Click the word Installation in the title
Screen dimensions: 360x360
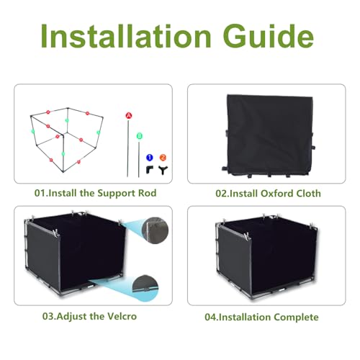coord(126,36)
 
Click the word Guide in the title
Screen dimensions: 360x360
coord(269,36)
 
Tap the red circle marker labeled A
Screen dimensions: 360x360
coord(129,116)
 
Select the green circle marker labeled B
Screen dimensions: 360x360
coord(140,136)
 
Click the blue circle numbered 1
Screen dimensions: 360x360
coord(150,158)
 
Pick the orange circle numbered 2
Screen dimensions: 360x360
coord(163,158)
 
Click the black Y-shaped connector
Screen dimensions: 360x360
coord(163,171)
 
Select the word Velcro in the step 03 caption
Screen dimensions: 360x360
coord(122,316)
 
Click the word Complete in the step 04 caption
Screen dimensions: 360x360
coord(296,318)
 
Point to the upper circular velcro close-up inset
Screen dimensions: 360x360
coord(156,230)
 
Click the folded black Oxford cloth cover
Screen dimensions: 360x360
coord(269,135)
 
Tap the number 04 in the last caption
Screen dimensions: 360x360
coord(210,318)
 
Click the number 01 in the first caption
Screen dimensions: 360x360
coord(40,193)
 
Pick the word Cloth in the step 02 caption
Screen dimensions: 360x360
coord(308,194)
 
